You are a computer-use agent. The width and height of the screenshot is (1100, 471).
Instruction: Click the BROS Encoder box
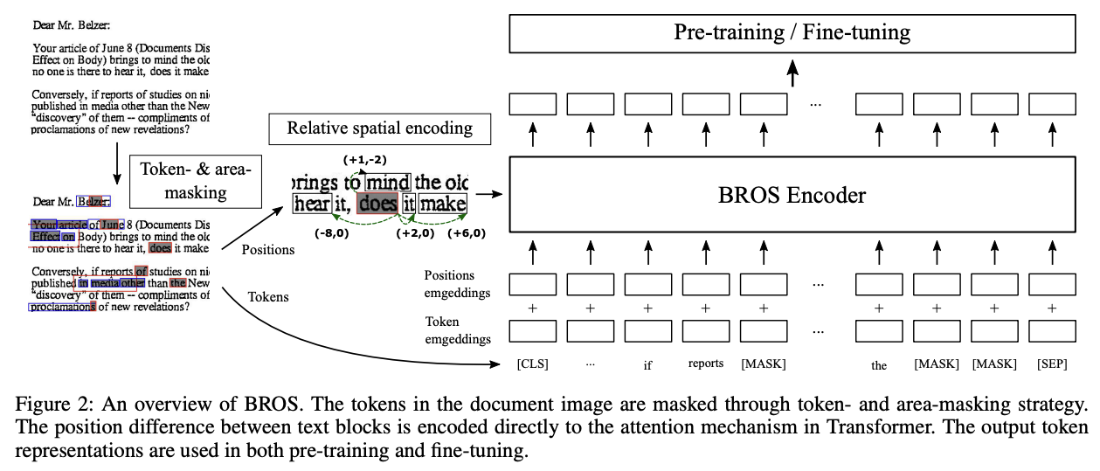792,195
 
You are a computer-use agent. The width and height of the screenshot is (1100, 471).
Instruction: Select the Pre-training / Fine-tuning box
792,34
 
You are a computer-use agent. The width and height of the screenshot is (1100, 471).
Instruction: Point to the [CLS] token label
532,364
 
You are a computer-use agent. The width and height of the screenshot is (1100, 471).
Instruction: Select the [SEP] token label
1051,364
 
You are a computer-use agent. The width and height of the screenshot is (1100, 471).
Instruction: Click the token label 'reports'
706,364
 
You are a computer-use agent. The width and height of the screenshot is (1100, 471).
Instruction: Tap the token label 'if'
647,365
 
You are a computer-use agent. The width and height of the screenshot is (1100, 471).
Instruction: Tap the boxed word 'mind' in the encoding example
388,183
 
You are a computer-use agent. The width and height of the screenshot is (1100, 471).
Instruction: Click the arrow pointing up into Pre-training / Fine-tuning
792,73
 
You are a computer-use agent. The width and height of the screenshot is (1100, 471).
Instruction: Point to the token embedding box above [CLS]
532,332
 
